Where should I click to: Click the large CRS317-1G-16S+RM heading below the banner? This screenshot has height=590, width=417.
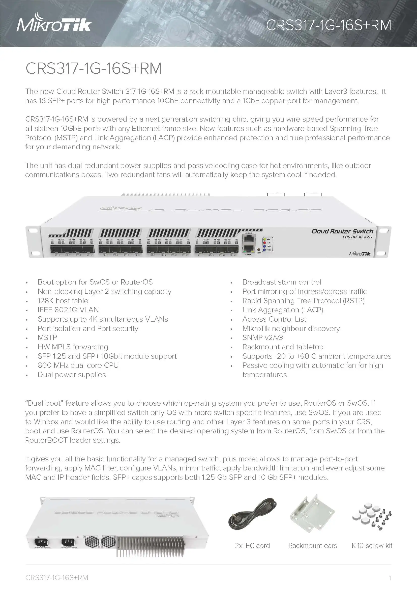[94, 68]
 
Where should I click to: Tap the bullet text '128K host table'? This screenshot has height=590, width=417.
[63, 301]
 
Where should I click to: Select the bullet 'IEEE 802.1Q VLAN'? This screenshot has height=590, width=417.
[68, 310]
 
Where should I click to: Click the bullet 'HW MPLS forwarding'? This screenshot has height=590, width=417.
[73, 347]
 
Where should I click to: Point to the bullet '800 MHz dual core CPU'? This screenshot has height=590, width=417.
[78, 366]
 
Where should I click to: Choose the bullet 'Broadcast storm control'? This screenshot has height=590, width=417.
[282, 282]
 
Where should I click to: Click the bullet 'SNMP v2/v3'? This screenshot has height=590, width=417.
[262, 338]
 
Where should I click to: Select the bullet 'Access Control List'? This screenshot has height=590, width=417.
[274, 319]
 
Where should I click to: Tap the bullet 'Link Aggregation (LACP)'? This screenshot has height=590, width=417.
[283, 310]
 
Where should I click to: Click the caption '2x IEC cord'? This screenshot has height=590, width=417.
[252, 546]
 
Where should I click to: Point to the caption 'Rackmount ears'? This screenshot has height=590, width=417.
[312, 546]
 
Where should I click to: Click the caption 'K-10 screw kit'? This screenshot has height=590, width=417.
[372, 546]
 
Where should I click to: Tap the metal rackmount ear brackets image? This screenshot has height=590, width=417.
[312, 514]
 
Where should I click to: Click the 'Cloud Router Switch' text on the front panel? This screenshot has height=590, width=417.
[342, 232]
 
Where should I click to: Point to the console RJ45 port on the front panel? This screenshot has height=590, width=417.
[249, 239]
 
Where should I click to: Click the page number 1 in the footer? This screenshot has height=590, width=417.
[390, 578]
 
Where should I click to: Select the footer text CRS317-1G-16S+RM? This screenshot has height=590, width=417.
[57, 578]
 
